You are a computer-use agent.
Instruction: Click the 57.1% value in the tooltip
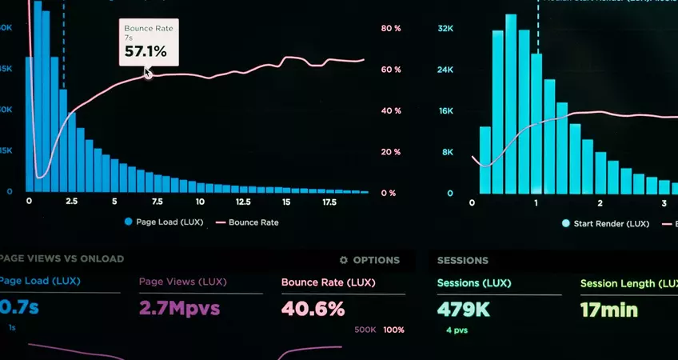point(146,52)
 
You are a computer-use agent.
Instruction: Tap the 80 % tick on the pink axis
point(391,29)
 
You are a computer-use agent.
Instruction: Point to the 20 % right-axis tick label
point(391,152)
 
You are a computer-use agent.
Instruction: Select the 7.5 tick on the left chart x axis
point(157,202)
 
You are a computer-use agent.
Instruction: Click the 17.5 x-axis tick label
point(329,202)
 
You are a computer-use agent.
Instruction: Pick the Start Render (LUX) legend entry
point(605,224)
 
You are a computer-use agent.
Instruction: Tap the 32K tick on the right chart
point(445,29)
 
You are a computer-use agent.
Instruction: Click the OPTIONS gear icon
point(344,260)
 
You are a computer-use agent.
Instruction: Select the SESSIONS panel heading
point(463,260)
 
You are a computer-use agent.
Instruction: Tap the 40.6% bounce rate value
point(313,308)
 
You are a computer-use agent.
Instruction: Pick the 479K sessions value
point(465,308)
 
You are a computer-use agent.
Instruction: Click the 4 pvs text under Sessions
point(457,330)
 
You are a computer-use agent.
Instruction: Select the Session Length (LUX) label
point(628,283)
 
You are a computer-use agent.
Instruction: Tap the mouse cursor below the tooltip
point(147,73)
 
